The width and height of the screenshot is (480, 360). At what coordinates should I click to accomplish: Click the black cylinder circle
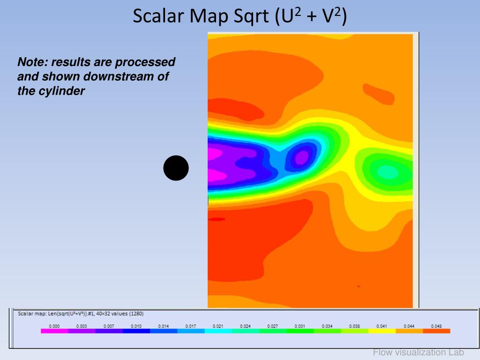coord(176,168)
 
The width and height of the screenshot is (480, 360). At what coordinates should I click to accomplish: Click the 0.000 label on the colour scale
coord(54,326)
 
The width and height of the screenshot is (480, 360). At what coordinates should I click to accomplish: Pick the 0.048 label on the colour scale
coord(436,326)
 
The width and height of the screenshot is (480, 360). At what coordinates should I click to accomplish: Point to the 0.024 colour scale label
coord(245,326)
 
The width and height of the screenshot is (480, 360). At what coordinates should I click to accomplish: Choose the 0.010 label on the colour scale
coord(136,326)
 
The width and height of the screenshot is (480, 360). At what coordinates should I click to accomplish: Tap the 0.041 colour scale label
coord(382,326)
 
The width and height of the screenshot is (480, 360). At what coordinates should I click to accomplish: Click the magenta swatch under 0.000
coord(54,331)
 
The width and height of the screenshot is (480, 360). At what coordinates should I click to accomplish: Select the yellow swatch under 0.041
coord(382,331)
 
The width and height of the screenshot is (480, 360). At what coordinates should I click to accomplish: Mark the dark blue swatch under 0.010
coord(136,331)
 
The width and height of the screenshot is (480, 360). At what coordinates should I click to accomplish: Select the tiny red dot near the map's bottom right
coord(359,286)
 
